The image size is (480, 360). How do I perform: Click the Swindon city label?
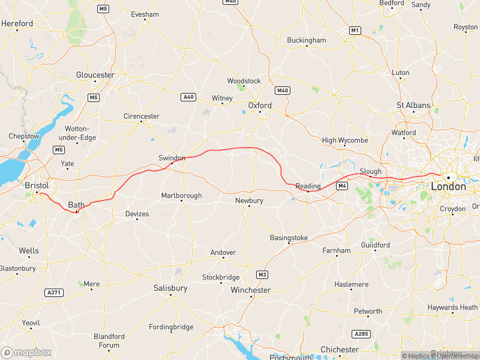tap(172, 157)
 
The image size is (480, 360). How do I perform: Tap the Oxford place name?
tap(260, 106)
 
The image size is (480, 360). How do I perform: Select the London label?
tap(448, 187)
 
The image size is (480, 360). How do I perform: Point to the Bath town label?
tap(76, 205)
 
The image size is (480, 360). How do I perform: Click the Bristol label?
tap(37, 185)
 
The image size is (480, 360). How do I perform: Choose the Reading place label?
tap(308, 186)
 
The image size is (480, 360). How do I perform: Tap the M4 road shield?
tap(342, 186)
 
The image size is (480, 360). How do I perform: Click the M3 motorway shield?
tap(262, 275)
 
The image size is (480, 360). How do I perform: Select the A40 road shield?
tap(188, 97)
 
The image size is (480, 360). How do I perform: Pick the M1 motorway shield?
tap(355, 30)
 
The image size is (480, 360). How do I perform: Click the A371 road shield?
tap(53, 292)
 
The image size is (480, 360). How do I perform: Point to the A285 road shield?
tap(362, 334)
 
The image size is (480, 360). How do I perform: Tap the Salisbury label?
tap(170, 288)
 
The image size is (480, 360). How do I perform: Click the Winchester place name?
tap(251, 290)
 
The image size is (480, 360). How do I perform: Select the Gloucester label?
tap(95, 75)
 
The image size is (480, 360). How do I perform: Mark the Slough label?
tap(370, 172)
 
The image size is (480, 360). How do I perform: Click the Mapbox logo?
tap(26, 352)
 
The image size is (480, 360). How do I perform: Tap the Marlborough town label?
tap(181, 196)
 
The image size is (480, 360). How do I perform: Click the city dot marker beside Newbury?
tap(249, 208)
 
